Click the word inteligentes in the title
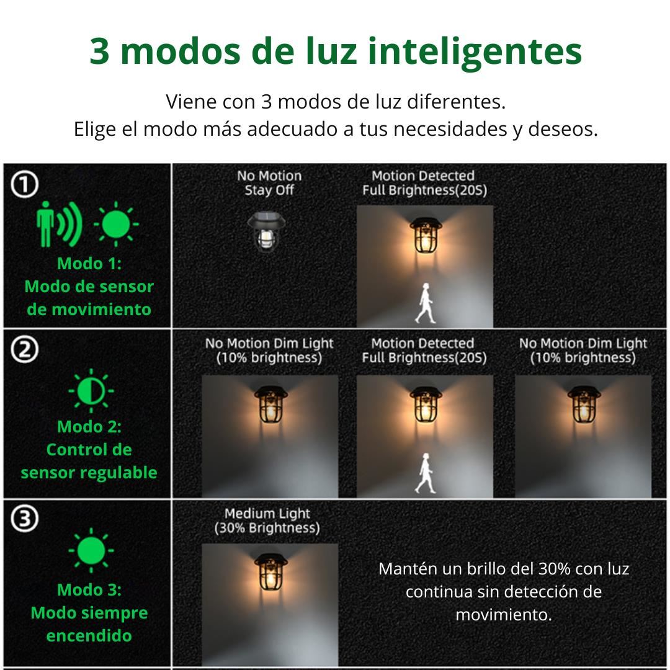coord(475,52)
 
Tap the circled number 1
coord(25,184)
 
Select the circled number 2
coord(25,349)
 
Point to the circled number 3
coord(25,518)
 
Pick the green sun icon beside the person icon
coord(116,224)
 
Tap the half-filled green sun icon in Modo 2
coord(91,391)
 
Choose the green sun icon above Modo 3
coord(91,550)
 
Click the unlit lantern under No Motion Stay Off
coord(266,232)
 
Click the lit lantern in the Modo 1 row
coord(426,237)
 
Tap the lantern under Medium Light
coord(270,573)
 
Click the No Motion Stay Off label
coord(269,182)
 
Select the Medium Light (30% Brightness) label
coord(267,520)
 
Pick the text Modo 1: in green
coord(89,263)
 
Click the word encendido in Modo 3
coord(89,635)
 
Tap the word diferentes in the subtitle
coord(456,102)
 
